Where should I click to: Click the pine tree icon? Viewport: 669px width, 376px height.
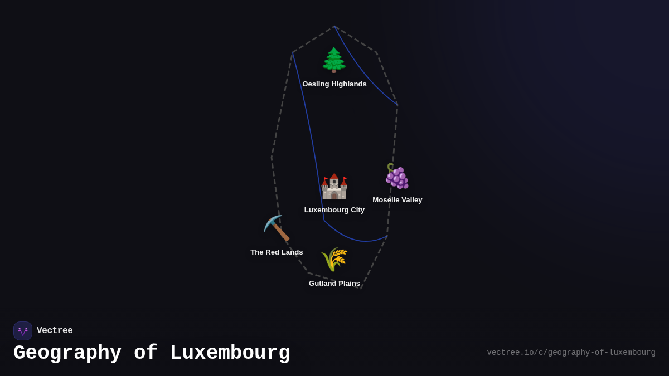334,60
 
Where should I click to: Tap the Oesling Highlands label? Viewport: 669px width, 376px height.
334,84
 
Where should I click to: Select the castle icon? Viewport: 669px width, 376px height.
334,186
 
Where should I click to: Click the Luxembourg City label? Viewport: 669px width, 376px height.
334,210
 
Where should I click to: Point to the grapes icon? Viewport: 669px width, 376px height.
397,176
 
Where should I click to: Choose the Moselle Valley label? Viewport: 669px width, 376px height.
397,200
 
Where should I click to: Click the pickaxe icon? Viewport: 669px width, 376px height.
277,228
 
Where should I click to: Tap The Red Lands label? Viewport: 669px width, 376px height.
277,252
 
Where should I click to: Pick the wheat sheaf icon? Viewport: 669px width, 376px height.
334,259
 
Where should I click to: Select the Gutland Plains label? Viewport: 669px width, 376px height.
334,284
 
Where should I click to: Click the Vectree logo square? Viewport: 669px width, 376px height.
23,331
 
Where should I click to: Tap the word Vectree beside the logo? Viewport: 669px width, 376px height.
55,331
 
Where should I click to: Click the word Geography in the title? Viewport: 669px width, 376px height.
67,353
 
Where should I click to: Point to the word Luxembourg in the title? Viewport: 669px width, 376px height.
230,353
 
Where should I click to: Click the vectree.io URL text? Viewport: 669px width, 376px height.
571,353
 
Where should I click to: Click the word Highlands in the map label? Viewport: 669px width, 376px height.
348,84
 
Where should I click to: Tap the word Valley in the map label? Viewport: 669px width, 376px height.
410,200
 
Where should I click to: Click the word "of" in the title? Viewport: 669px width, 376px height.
146,353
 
